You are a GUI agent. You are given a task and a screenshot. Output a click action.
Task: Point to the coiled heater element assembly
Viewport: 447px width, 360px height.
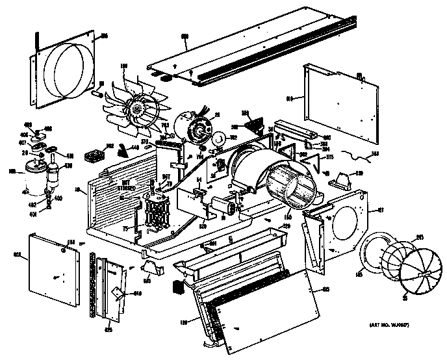[157, 214]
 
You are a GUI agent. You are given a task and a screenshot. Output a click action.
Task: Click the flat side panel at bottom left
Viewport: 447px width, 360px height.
[49, 267]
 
